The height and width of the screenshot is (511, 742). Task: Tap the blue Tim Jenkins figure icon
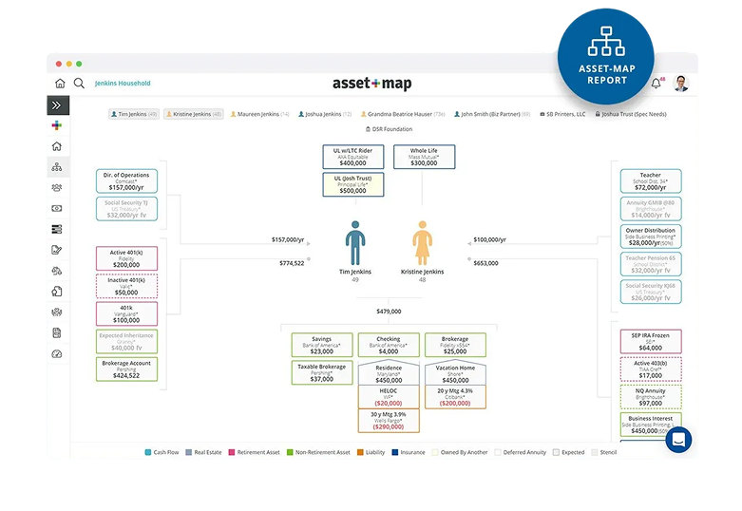pos(354,243)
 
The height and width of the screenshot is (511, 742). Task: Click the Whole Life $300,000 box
pos(424,157)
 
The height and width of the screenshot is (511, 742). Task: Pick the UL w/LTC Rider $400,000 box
pos(352,157)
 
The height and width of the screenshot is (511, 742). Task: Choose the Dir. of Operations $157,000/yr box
pos(126,181)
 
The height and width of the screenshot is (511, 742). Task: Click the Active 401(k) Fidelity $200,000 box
pos(126,258)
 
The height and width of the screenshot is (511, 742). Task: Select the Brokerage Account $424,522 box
pos(126,369)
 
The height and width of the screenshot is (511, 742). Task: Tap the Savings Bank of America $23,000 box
pos(321,344)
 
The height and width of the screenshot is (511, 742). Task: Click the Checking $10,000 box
pos(388,344)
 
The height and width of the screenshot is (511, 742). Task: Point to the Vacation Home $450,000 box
pos(455,372)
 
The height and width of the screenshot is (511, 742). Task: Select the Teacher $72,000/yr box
pos(653,181)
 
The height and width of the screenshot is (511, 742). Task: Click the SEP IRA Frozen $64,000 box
pos(651,341)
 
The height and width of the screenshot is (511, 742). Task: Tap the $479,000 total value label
pos(389,311)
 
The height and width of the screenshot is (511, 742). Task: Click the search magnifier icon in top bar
pos(80,84)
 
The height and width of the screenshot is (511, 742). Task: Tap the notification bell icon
pos(656,84)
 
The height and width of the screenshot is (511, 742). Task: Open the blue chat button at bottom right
pos(678,439)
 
